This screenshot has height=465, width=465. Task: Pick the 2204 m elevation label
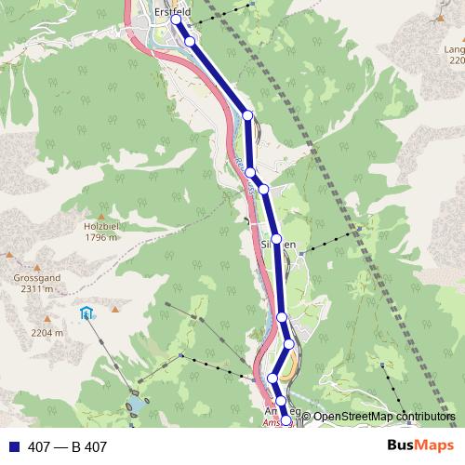[46, 332]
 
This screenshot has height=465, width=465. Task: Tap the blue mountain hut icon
[86, 313]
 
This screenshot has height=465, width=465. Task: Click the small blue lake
[138, 405]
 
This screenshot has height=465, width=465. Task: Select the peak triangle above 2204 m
[46, 321]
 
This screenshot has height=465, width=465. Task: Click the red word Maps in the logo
[433, 446]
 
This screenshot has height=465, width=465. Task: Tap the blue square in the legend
[12, 447]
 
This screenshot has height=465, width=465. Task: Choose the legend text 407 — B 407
[67, 447]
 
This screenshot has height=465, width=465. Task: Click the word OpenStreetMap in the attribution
[353, 417]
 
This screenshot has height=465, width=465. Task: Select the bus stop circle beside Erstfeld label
[176, 20]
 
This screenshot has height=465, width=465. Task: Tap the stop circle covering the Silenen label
[276, 239]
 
